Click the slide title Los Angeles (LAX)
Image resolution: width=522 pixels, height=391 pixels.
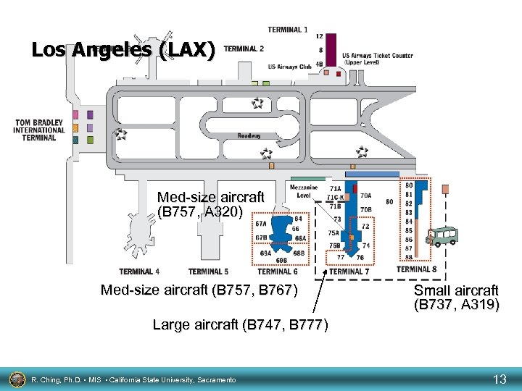123,51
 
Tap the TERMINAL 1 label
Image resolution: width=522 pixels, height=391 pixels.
287,30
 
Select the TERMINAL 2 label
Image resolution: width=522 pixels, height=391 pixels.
244,49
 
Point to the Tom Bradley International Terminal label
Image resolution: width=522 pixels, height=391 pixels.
38,130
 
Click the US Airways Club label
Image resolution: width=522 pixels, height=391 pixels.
289,67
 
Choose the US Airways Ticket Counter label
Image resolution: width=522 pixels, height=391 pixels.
377,59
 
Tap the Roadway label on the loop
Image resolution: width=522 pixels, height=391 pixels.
249,136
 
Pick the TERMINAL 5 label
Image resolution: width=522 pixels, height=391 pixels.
208,272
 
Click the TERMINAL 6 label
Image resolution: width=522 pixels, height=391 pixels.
278,272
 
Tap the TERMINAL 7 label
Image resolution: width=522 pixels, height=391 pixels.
349,272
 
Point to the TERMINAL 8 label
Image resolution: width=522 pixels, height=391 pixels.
417,269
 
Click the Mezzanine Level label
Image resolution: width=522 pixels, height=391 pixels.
304,191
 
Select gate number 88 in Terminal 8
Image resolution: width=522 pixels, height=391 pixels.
409,256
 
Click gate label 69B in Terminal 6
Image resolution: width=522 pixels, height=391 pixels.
281,260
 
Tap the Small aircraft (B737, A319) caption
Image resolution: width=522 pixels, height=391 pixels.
456,298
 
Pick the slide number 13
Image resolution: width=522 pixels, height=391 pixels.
500,379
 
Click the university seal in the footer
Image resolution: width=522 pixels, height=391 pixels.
17,379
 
